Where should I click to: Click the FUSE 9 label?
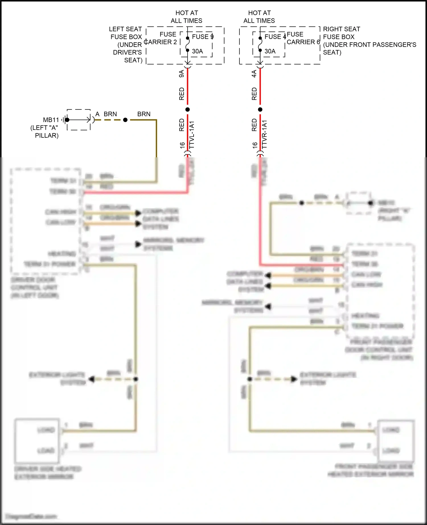coord(203,37)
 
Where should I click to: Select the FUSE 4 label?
coord(275,37)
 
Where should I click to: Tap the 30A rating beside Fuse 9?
coord(197,51)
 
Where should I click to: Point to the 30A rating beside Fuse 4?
coord(270,51)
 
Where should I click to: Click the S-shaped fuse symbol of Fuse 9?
coord(188,44)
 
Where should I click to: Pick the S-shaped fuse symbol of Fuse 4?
coord(260,44)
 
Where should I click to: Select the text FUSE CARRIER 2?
coord(161,38)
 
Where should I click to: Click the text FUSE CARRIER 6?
coord(303,38)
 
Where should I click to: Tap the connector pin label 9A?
coord(181,74)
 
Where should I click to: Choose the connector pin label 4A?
coord(254,74)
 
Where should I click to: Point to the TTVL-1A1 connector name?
coord(192,135)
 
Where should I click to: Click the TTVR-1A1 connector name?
coord(264,135)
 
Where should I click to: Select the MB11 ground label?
coord(51,120)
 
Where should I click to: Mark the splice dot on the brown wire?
coord(125,120)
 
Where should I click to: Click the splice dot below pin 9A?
coord(188,109)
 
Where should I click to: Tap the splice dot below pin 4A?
coord(260,109)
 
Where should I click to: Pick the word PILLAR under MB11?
coord(47,136)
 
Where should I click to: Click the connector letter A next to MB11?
coord(97,114)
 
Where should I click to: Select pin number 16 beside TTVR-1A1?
coord(255,145)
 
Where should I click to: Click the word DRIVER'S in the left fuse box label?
coord(127,52)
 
